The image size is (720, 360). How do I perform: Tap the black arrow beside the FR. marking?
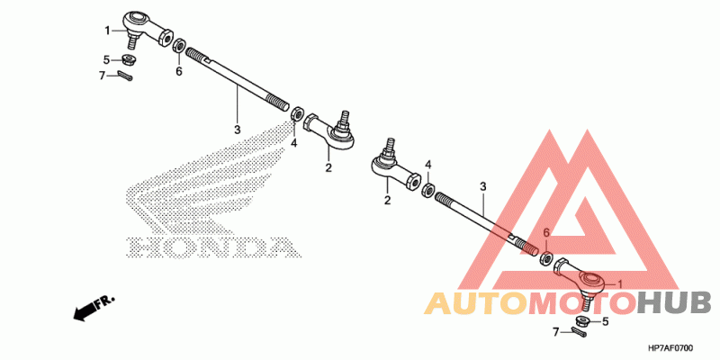[x=84, y=311]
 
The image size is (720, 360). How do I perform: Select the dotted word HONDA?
[x=210, y=246]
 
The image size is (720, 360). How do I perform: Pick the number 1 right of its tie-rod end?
[x=619, y=284]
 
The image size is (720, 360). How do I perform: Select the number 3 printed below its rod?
[x=238, y=130]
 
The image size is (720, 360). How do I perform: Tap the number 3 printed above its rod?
[x=482, y=187]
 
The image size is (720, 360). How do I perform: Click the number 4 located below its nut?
[x=293, y=142]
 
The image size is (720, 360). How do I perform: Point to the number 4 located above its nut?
[x=428, y=165]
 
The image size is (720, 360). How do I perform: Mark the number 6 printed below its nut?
[x=179, y=71]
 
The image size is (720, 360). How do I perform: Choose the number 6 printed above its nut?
[x=545, y=233]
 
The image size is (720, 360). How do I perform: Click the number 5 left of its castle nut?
[x=105, y=60]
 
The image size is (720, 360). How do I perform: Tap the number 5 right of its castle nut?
[x=605, y=320]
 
